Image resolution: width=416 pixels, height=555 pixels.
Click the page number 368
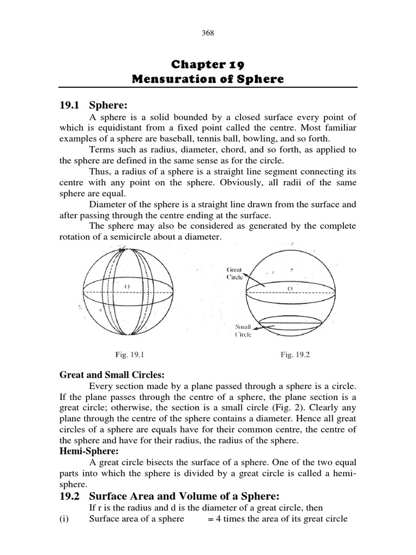pyautogui.click(x=208, y=33)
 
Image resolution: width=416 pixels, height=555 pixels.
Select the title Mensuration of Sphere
pyautogui.click(x=208, y=80)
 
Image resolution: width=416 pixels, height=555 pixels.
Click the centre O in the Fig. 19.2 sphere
pyautogui.click(x=290, y=288)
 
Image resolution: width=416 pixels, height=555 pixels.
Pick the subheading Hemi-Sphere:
pyautogui.click(x=87, y=451)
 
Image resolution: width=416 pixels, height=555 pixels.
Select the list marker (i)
pyautogui.click(x=66, y=519)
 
